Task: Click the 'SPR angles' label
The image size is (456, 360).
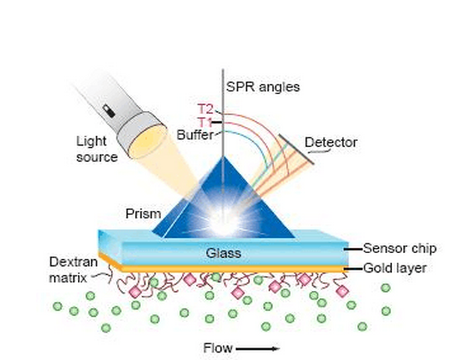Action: [263, 87]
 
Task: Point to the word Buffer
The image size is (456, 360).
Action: [195, 134]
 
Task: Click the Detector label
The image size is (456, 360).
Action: [331, 142]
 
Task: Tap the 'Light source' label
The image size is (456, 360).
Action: [97, 148]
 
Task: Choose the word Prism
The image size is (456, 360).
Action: [143, 214]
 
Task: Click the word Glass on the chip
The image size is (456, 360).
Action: [223, 254]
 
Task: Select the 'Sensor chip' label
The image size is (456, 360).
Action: [399, 249]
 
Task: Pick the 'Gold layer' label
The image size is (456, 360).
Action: [395, 269]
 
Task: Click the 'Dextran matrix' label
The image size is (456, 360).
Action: [70, 268]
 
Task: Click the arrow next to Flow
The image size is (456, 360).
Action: [257, 349]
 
